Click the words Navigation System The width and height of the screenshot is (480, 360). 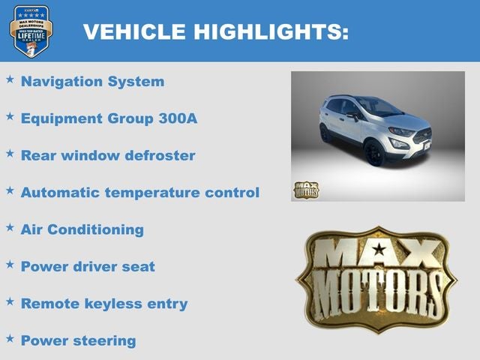click(92, 82)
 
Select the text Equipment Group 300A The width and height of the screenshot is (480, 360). click(109, 118)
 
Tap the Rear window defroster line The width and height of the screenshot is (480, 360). click(108, 156)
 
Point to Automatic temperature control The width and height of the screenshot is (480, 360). click(140, 193)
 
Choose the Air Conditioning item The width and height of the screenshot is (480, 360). click(82, 230)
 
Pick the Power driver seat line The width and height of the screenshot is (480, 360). click(88, 267)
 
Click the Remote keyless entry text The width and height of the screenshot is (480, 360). click(104, 304)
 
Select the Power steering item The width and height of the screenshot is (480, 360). click(79, 341)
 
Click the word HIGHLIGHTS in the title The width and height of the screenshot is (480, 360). click(271, 31)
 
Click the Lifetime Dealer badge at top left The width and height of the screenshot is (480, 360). click(31, 31)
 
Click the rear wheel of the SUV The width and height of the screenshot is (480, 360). click(325, 133)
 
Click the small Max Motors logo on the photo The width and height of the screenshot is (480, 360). click(305, 190)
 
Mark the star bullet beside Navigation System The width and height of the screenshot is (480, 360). click(10, 79)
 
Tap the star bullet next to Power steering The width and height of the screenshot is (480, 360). click(10, 338)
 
